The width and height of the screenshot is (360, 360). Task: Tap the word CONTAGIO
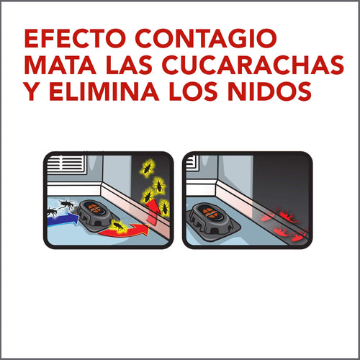pos(206,38)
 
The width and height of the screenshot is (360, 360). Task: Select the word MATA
pos(60,65)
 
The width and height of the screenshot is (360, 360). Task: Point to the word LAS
pos(129,65)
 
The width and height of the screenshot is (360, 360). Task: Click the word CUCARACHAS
pos(253,65)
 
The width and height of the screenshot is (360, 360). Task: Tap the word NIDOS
pos(269,91)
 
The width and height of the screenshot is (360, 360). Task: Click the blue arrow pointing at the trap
pos(63,219)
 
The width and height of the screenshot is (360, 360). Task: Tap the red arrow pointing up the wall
pos(153,211)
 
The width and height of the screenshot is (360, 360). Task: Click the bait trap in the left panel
pos(96,215)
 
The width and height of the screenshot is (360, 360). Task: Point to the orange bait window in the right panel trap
pos(208,212)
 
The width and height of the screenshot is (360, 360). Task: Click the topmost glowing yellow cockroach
pos(147,168)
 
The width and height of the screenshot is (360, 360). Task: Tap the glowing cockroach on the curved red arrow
pos(117,226)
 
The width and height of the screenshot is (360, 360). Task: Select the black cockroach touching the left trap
pos(67,204)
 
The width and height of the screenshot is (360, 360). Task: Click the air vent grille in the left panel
pos(66,166)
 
